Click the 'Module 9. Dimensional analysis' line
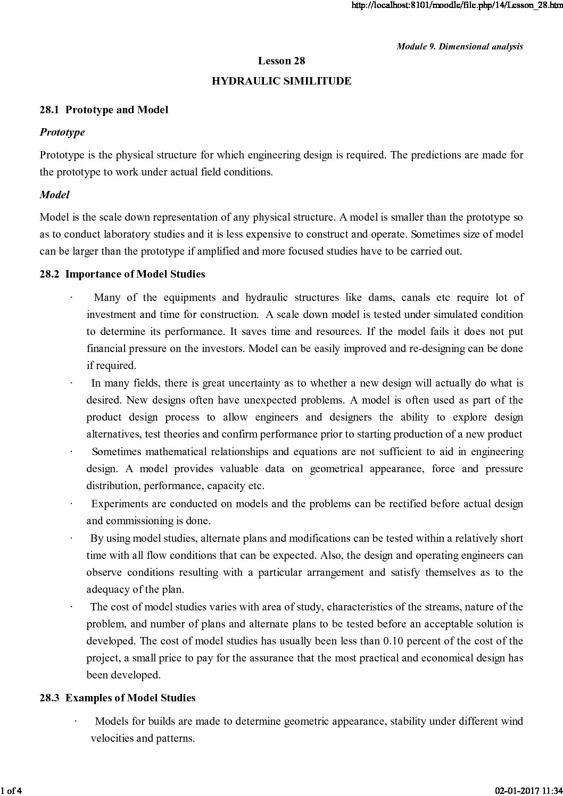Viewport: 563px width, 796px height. coord(460,47)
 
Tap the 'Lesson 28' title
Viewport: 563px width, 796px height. coord(281,61)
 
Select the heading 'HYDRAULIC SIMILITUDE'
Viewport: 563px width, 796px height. coord(281,81)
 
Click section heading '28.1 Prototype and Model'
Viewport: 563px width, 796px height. coord(104,110)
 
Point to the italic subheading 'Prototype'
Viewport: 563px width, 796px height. coord(62,132)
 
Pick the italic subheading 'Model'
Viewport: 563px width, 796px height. coord(54,195)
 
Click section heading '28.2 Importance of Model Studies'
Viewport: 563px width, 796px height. coord(122,274)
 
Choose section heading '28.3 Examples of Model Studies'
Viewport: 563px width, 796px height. coord(117,698)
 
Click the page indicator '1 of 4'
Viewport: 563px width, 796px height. coord(10,789)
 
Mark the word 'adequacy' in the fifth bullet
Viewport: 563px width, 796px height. coord(107,589)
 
